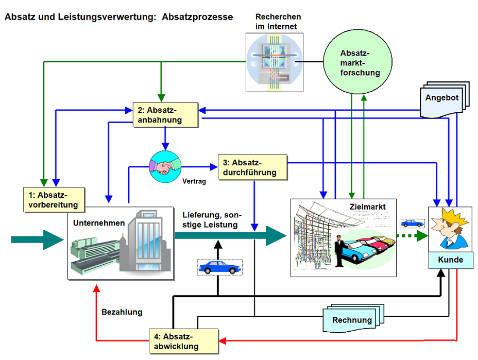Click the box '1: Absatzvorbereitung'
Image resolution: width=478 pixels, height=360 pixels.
[54, 199]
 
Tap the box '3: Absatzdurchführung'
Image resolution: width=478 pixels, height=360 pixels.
[252, 167]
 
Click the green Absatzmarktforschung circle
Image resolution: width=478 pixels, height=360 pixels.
[360, 63]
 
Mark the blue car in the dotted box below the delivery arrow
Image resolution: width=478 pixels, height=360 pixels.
[219, 267]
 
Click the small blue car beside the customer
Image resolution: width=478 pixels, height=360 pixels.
[412, 224]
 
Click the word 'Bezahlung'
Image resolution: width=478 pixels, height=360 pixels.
[122, 312]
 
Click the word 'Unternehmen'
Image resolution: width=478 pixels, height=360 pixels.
[99, 223]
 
